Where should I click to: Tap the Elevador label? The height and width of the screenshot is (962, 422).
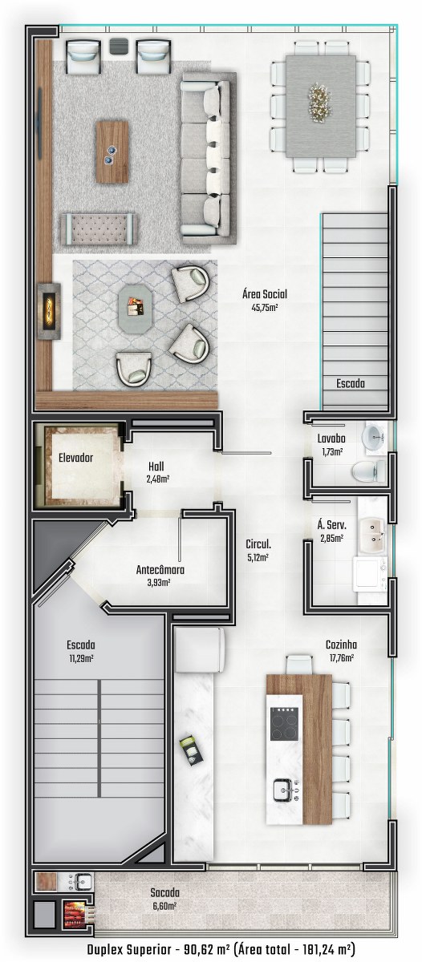pos(75,458)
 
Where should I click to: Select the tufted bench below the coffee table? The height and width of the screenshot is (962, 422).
pos(99,228)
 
